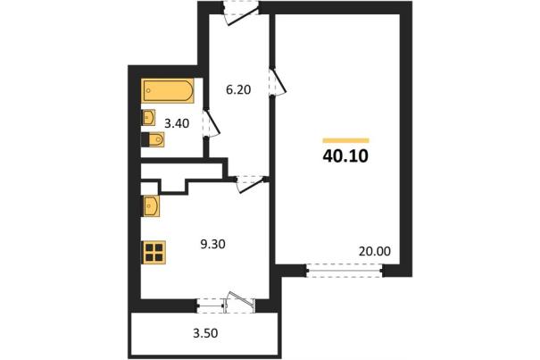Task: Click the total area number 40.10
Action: pos(345,156)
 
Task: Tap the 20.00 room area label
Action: pos(375,251)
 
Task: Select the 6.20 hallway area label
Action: pos(238,89)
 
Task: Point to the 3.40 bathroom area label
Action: pos(177,123)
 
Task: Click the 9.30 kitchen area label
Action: pos(212,244)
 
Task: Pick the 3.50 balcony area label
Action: pos(205,333)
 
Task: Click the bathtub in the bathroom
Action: pos(168,91)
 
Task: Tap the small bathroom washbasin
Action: pos(148,118)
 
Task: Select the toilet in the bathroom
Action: pos(153,139)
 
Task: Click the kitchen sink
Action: pos(151,206)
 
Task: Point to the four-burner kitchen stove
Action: pos(154,253)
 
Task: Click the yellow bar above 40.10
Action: pos(345,140)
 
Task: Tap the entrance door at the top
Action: pos(240,13)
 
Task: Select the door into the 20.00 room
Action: pos(278,81)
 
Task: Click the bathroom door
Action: pos(212,123)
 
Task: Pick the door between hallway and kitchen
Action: pos(249,184)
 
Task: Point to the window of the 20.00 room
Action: pos(345,271)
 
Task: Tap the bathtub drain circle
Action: pos(148,91)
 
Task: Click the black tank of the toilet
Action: pos(145,139)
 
